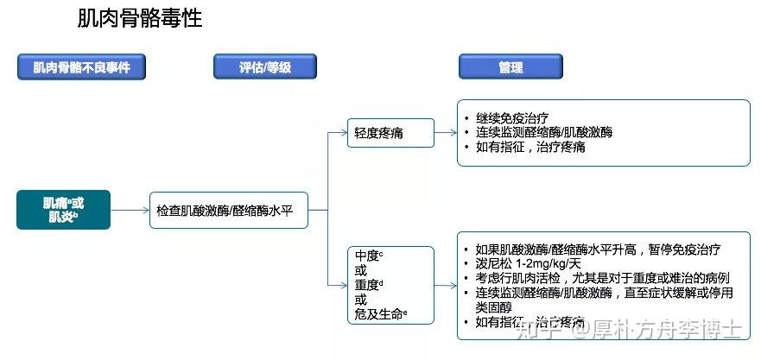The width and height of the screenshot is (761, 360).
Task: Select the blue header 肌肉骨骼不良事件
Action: click(81, 66)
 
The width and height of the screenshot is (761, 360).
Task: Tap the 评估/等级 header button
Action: click(264, 66)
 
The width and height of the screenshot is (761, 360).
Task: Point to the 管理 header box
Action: click(511, 66)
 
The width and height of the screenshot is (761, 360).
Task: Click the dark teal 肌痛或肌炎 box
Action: click(63, 210)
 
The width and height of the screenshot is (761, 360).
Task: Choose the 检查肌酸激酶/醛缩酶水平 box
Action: click(229, 210)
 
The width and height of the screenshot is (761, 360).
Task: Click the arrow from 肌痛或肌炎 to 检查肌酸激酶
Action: click(130, 210)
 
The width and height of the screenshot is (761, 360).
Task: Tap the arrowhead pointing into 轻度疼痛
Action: click(342, 133)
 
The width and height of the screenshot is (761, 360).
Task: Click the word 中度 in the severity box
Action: click(368, 256)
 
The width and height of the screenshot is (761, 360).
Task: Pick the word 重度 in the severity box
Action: click(368, 285)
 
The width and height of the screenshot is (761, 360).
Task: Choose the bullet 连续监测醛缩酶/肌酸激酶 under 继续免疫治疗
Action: click(543, 132)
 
